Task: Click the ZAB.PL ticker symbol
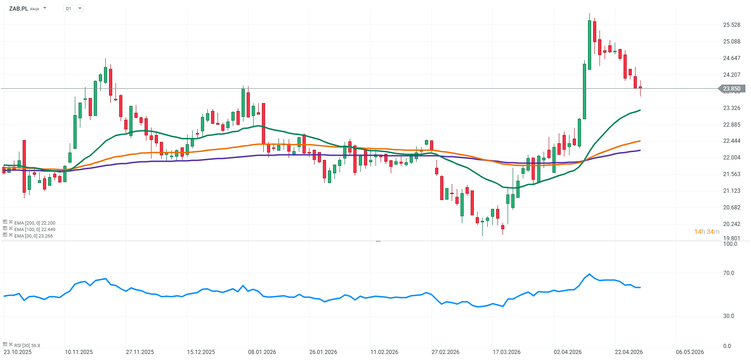18,8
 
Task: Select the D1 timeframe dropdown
73,8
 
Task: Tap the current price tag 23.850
731,89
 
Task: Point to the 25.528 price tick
732,25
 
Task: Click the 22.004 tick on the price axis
732,158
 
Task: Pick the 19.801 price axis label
732,238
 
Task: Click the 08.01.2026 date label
262,352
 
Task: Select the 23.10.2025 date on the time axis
18,352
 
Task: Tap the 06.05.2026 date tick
690,352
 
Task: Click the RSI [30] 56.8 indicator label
27,345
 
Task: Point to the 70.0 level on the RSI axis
729,273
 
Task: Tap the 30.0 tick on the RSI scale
729,316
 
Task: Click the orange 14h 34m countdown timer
707,232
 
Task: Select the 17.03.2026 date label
507,352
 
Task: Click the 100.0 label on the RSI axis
730,244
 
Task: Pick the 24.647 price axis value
732,58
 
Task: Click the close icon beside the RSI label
11,344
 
